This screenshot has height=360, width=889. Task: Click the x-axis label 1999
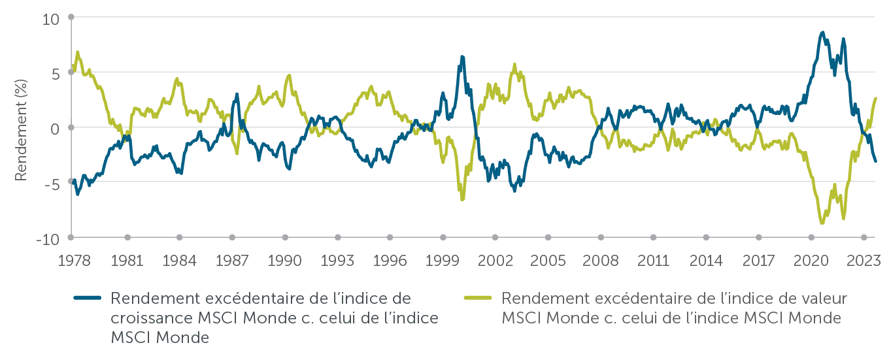[x=442, y=261]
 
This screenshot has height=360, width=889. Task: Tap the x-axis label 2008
[x=600, y=261]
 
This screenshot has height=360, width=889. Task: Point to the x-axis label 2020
[x=811, y=261]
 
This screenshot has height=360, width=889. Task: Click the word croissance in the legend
[x=143, y=318]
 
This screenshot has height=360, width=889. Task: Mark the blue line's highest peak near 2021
[x=822, y=32]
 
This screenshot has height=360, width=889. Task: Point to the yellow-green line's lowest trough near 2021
[x=822, y=223]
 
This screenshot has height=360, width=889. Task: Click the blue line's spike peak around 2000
[x=462, y=57]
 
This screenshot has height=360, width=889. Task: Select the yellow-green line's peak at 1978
[x=78, y=52]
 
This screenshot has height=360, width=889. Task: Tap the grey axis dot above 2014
[x=706, y=237]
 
